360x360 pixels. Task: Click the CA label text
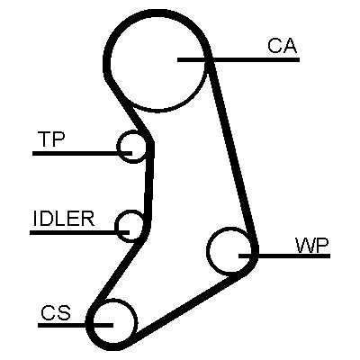[283, 46]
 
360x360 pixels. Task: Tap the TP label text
[51, 139]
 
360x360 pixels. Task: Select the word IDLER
[64, 219]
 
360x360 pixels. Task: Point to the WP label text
[312, 246]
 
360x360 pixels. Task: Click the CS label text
[56, 312]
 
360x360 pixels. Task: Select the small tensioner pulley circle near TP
[118, 147]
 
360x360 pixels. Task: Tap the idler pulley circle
[116, 226]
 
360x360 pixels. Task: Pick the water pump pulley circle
[208, 250]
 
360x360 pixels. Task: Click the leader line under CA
[238, 59]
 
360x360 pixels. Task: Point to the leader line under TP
[82, 153]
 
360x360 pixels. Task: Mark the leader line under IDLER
[79, 232]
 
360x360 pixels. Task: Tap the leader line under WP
[284, 256]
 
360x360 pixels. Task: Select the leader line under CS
[76, 325]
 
